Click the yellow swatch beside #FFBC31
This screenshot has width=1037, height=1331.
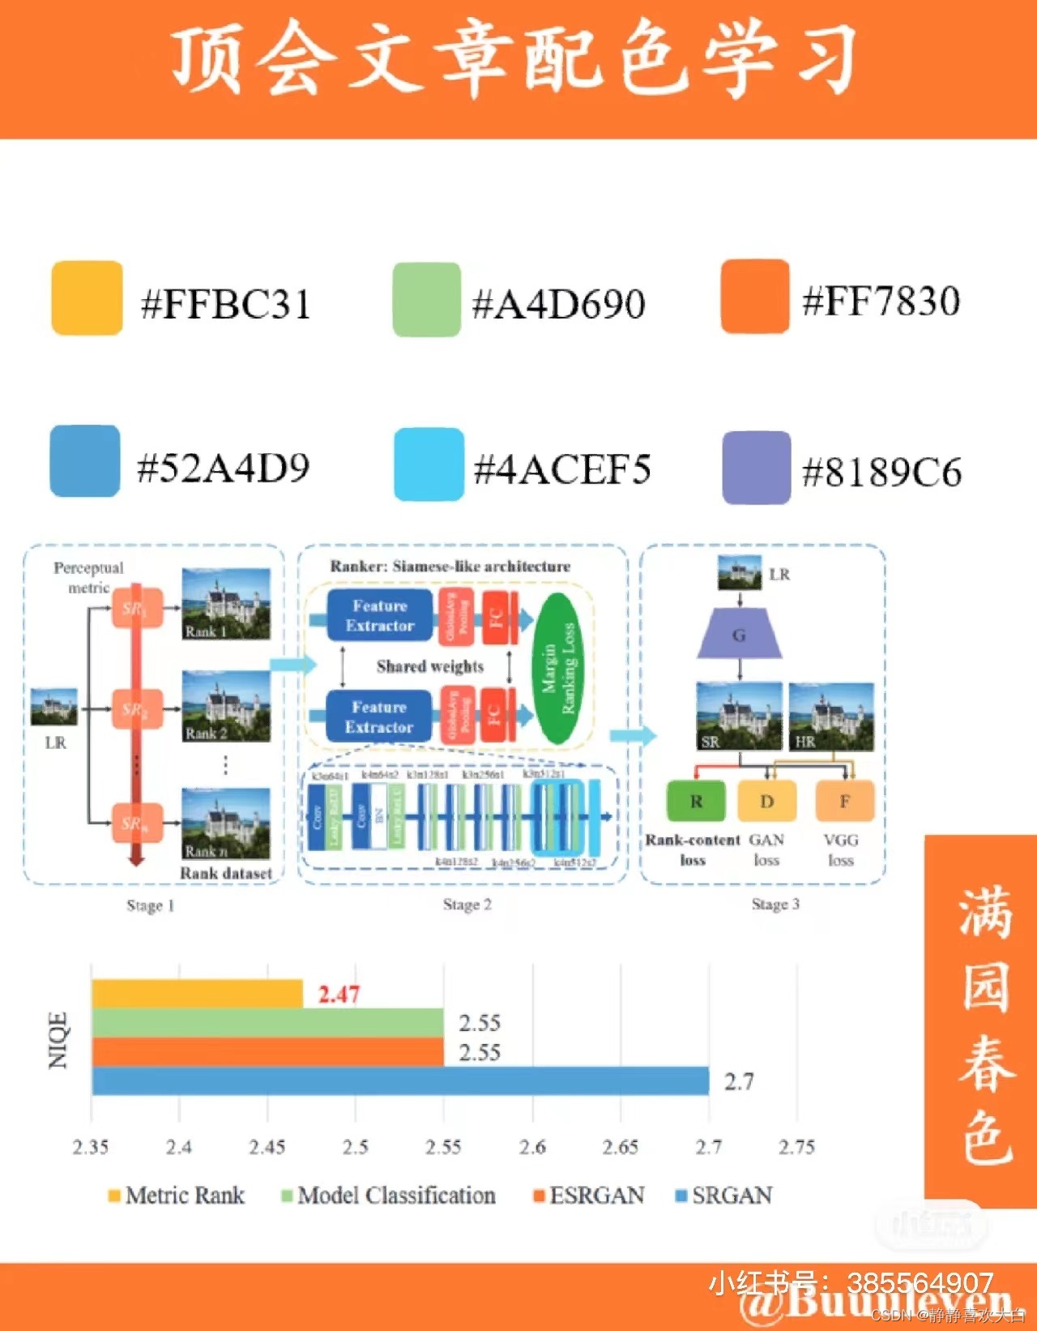[87, 297]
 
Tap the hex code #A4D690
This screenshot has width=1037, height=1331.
[558, 304]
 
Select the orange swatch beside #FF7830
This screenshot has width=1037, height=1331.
[754, 297]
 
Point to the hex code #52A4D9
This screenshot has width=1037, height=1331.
[224, 468]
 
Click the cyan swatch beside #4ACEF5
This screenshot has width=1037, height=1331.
[429, 464]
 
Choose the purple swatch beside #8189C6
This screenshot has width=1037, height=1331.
[756, 468]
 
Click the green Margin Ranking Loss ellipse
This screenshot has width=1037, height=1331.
[558, 668]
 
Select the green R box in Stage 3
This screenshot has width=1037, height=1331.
[696, 801]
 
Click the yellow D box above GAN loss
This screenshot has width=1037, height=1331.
[766, 801]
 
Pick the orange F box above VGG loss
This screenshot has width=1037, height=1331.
[844, 801]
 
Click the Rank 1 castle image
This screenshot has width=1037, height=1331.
[226, 604]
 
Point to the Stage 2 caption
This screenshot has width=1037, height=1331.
[467, 904]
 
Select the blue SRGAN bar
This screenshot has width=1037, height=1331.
[400, 1081]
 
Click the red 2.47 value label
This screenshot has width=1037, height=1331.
[339, 994]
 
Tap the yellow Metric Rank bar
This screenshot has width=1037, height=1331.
[197, 994]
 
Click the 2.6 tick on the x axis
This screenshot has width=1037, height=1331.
[532, 1147]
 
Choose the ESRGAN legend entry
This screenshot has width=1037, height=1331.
[589, 1196]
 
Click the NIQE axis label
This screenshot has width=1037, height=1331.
[58, 1040]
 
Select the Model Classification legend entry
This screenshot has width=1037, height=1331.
[388, 1196]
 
